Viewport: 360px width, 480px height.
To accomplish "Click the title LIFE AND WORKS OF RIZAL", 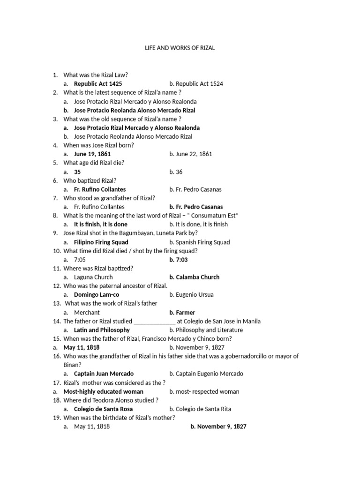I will coord(180,48).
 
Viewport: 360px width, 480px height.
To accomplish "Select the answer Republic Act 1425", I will coord(98,83).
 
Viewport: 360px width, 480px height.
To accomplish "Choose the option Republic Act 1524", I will coord(196,83).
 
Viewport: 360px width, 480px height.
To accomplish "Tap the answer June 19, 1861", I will coord(92,154).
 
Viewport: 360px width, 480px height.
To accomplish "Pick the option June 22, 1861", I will coord(190,154).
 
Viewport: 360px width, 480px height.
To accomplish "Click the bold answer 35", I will coord(77,172).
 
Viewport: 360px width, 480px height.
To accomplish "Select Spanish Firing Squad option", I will coord(200,242).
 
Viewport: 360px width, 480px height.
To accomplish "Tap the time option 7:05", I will coord(80,259).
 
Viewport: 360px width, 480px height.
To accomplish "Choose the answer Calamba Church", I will coord(194,277).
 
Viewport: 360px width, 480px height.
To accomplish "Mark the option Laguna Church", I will coord(93,277).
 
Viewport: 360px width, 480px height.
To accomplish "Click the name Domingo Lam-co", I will coord(97,295).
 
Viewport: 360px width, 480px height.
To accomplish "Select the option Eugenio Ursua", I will coord(191,295).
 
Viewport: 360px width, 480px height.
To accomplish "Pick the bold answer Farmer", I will coord(182,312).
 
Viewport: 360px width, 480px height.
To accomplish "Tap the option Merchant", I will coord(87,312).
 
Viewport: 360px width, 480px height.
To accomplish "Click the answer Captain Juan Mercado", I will coord(104,374).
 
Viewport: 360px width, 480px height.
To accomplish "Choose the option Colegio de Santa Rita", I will coord(200,409).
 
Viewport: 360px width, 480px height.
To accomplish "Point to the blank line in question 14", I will coord(155,322).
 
